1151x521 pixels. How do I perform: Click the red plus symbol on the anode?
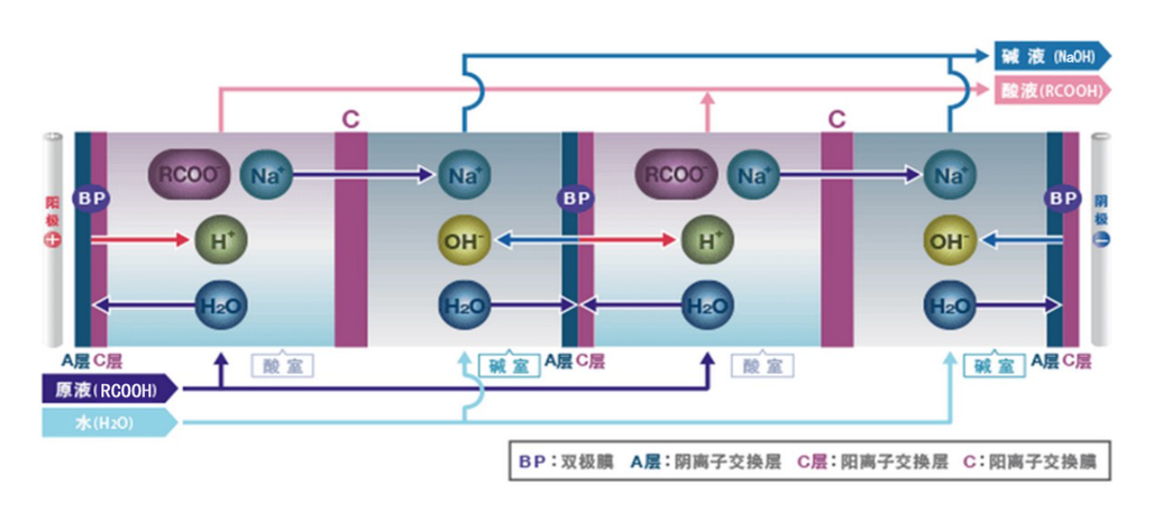click(54, 240)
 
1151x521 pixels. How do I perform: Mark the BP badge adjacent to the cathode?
click(1063, 199)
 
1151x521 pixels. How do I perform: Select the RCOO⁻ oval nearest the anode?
click(189, 175)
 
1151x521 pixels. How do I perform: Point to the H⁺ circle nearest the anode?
click(221, 241)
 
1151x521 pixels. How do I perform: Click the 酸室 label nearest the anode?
click(283, 366)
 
